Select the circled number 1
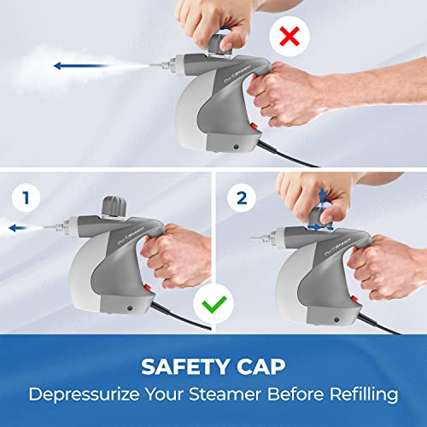click(x=26, y=198)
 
